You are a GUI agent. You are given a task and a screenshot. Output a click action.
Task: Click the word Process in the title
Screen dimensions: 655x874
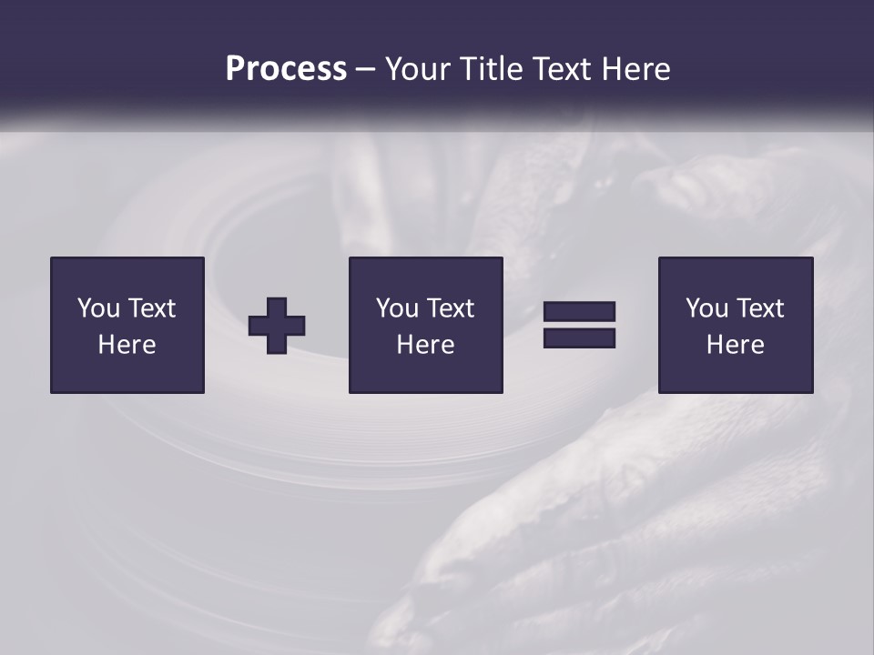(x=286, y=69)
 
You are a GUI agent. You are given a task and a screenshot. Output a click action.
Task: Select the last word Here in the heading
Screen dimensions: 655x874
(x=636, y=69)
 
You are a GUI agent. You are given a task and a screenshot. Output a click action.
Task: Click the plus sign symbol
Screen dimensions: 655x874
(x=277, y=326)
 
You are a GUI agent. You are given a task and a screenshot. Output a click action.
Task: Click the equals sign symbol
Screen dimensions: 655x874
(x=579, y=325)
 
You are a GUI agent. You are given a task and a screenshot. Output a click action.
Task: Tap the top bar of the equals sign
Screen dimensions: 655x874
(x=579, y=312)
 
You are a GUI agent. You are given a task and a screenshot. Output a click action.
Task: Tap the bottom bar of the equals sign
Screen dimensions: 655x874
(x=579, y=338)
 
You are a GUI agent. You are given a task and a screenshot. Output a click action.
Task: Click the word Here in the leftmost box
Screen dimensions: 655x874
(x=127, y=345)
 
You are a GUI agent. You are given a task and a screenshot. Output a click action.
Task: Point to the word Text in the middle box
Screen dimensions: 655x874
(x=451, y=308)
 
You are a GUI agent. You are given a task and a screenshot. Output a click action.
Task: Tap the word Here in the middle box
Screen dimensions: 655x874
(x=426, y=345)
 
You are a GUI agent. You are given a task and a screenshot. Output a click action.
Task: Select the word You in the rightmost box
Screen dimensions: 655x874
(x=706, y=308)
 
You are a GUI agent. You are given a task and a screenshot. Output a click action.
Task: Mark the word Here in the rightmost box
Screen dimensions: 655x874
(x=736, y=345)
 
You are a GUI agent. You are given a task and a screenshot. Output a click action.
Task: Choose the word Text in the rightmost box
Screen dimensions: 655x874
(x=760, y=308)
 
